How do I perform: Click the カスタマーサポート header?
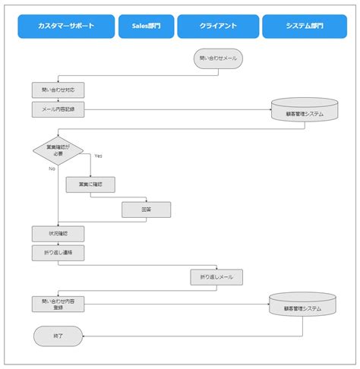point(66,27)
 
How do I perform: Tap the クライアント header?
point(218,27)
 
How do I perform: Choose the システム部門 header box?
point(305,27)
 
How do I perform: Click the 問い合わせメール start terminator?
point(218,58)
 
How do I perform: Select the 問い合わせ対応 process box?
point(58,90)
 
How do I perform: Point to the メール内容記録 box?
point(58,109)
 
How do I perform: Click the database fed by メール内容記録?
point(305,112)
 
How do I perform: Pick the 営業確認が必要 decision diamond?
point(58,149)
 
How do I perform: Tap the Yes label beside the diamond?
point(98,156)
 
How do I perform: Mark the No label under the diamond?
point(52,169)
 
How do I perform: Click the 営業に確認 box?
point(90,184)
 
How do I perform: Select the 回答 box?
point(146,210)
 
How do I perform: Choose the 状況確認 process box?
point(58,233)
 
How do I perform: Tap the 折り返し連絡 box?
point(58,251)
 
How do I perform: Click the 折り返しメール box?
point(216,277)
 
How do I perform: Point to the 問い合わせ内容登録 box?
point(58,304)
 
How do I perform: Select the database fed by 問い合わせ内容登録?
point(302,306)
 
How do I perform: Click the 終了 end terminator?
point(58,335)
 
